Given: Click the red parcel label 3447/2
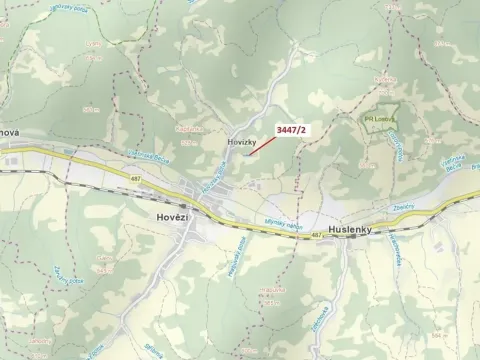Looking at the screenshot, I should tap(292, 129).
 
